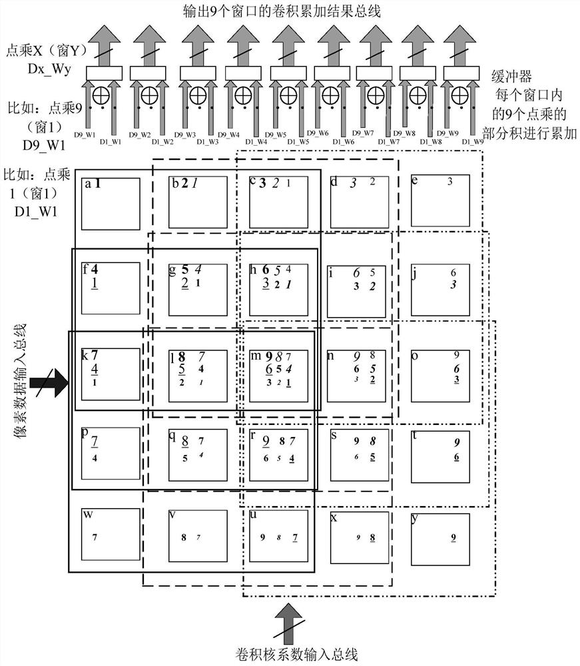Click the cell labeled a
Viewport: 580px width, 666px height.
[x=110, y=202]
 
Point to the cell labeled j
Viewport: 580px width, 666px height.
[x=440, y=290]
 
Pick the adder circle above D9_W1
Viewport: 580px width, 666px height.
[x=100, y=95]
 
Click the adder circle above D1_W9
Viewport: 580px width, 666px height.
[x=458, y=95]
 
